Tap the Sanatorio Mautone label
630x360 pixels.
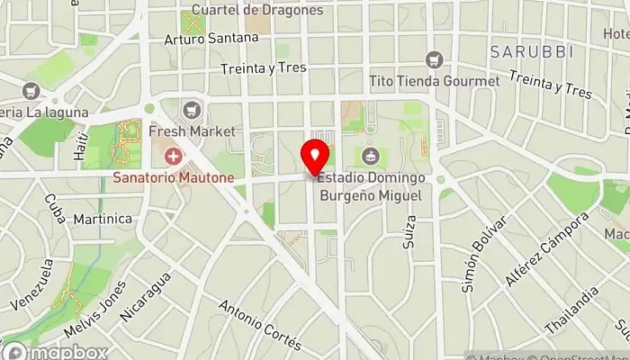173,178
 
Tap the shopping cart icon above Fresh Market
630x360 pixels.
189,109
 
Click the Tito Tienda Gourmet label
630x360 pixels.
434,81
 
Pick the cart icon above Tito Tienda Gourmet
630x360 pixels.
435,59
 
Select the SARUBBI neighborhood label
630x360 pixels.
532,52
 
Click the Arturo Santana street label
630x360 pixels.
211,39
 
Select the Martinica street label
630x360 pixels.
103,219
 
